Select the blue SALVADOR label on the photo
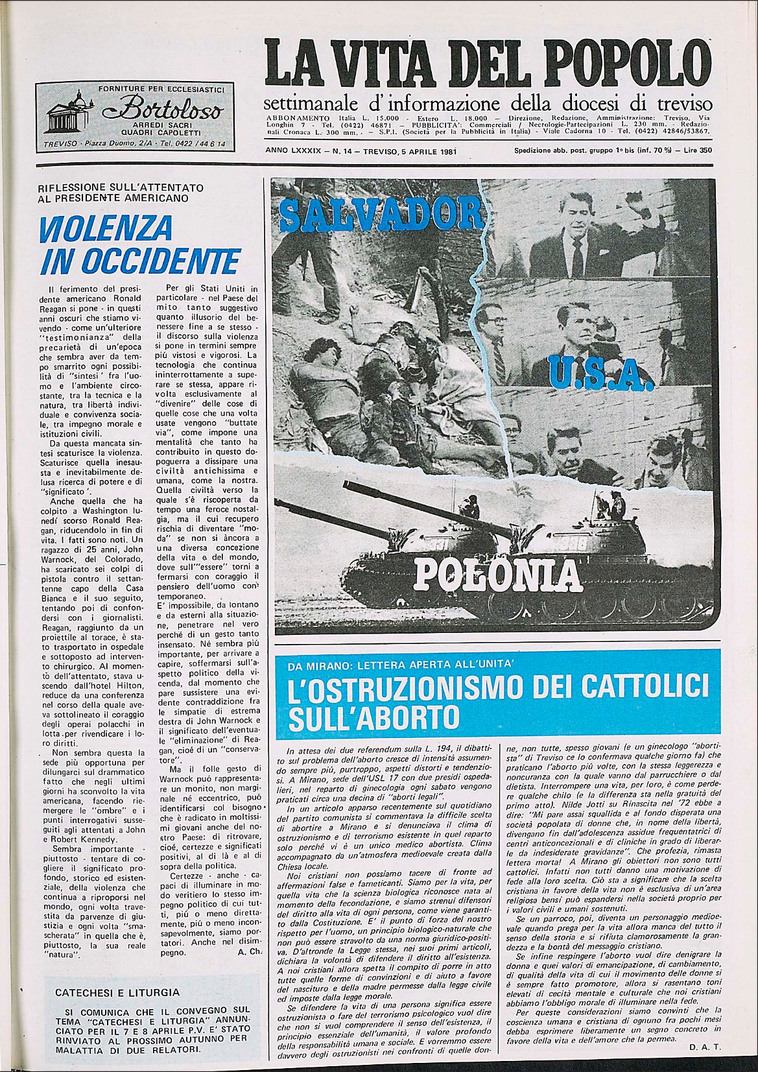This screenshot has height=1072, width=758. (382, 214)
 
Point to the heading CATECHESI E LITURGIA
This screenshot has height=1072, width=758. (117, 993)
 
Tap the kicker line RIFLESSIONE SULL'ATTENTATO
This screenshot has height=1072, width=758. (121, 188)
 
